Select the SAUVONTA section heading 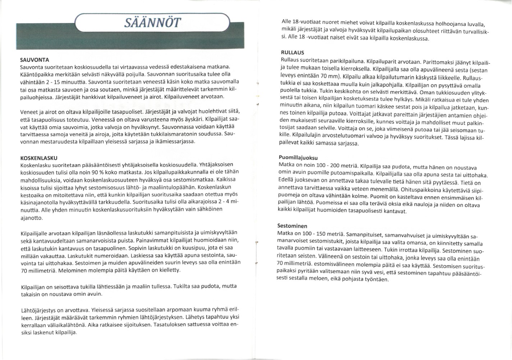(x=34, y=60)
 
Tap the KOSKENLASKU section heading (x=39, y=158)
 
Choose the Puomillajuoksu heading (x=298, y=158)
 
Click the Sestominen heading (x=292, y=226)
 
